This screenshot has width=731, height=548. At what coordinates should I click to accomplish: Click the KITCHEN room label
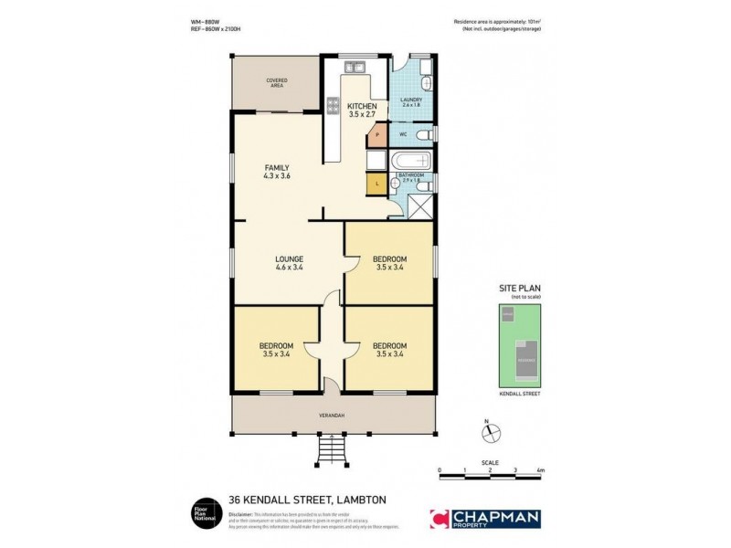coord(363,107)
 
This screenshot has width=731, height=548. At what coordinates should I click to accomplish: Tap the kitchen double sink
coord(354,67)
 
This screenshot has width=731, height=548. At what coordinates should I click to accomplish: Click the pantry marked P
coord(376,138)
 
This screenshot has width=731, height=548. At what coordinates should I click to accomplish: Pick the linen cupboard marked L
coord(376,185)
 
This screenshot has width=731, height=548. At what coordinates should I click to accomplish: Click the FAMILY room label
coord(277,167)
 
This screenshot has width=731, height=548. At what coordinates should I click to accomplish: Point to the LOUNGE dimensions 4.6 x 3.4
coord(289,268)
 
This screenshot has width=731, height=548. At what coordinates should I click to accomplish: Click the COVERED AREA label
coord(276,81)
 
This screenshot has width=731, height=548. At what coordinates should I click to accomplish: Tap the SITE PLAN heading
coord(519,288)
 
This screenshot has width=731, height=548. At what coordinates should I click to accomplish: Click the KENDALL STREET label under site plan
coord(519,393)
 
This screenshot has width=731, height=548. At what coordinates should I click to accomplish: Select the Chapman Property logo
coord(485,519)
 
